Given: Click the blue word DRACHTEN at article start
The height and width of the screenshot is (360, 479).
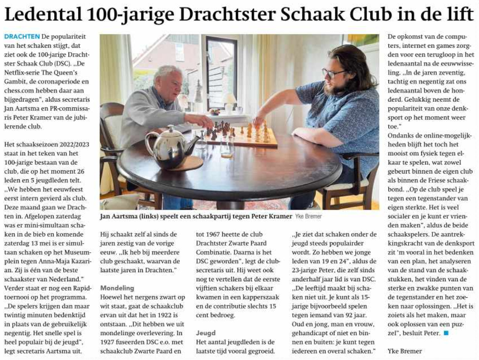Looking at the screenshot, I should point(22,36).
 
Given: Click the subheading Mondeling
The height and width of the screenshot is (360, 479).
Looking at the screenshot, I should point(117,288).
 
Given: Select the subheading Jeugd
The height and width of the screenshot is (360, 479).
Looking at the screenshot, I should point(206,333).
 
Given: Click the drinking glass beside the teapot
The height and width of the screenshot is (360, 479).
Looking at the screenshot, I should point(227,147).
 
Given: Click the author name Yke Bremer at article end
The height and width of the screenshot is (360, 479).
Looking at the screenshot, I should point(405,351).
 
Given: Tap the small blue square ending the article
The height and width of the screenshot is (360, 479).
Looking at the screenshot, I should point(446,333).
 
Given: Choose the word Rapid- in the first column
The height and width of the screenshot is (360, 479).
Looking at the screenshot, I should point(80,288).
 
